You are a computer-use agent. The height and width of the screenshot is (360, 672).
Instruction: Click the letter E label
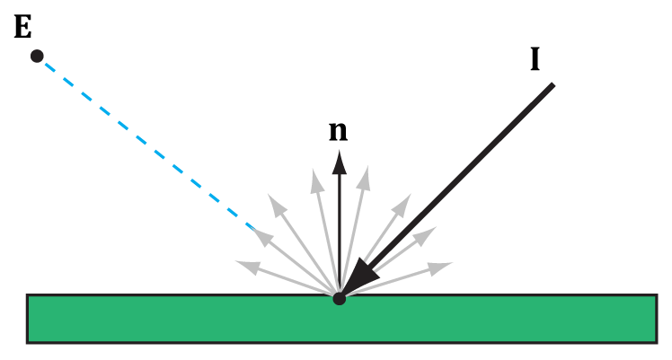pyautogui.click(x=23, y=27)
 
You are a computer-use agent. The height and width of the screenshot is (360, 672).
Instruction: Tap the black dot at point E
pyautogui.click(x=37, y=56)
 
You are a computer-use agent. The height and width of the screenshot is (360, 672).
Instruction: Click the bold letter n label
pyautogui.click(x=338, y=131)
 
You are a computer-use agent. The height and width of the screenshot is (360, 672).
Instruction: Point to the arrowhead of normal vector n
pyautogui.click(x=339, y=161)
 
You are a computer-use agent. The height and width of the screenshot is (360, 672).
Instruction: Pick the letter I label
pyautogui.click(x=535, y=59)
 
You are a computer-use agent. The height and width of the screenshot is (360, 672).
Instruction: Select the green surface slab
pyautogui.click(x=340, y=319)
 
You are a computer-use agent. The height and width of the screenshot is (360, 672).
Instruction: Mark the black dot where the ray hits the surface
pyautogui.click(x=339, y=298)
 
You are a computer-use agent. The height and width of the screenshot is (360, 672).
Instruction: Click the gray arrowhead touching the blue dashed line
pyautogui.click(x=262, y=237)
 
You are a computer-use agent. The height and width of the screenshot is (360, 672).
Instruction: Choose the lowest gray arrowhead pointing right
pyautogui.click(x=438, y=267)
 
